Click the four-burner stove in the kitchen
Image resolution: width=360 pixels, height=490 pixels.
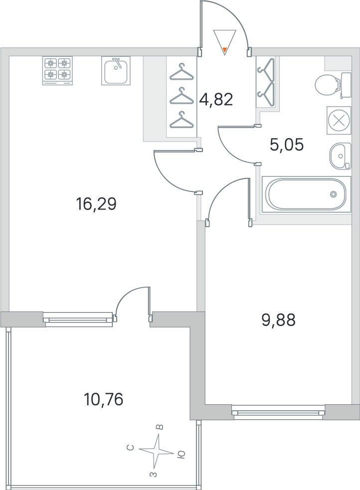click(57, 71)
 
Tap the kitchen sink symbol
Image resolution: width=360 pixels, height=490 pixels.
click(116, 71)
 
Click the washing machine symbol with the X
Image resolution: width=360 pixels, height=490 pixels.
click(339, 120)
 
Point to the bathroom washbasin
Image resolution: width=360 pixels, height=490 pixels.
click(341, 156)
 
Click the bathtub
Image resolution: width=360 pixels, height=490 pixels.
click(306, 194)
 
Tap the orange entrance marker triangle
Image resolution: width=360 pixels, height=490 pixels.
click(224, 49)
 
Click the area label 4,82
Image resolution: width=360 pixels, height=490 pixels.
click(216, 100)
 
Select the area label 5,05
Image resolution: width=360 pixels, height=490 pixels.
click(287, 145)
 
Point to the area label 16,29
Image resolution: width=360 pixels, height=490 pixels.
click(96, 204)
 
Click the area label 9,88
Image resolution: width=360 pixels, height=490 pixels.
click(278, 320)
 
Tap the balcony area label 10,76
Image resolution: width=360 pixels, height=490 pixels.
click(104, 399)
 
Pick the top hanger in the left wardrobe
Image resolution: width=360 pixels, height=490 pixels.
click(181, 72)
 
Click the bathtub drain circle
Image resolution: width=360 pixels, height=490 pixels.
click(334, 194)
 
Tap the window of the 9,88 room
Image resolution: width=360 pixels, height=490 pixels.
click(278, 410)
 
